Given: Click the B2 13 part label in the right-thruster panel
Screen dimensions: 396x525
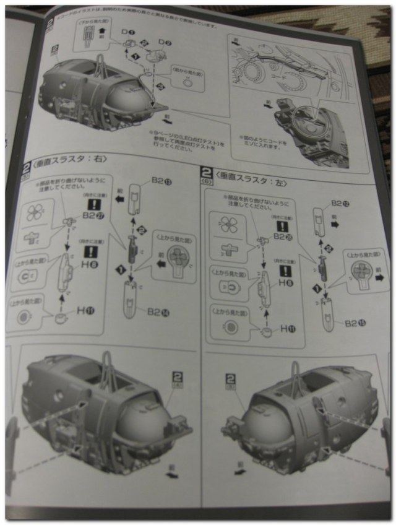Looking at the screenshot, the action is pos(161,181).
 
